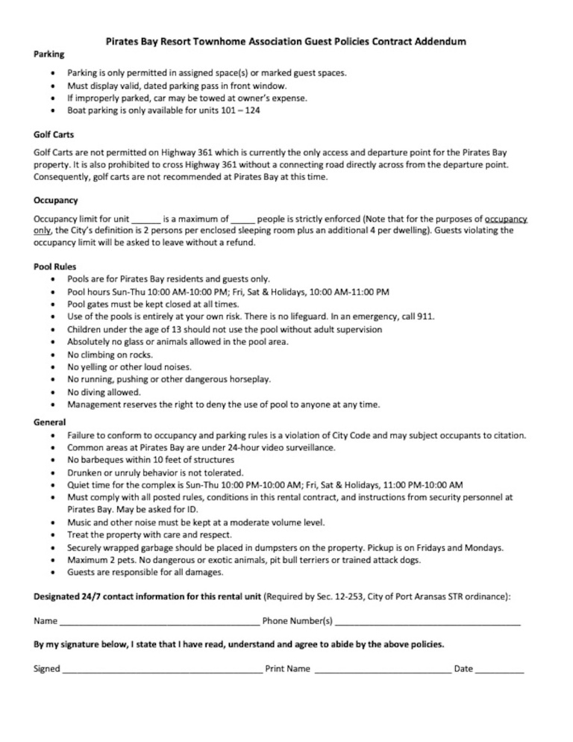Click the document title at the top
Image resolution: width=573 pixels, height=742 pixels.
point(286,42)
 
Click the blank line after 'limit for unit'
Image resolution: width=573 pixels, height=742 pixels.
point(146,219)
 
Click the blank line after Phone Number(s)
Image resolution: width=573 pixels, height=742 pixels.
point(427,622)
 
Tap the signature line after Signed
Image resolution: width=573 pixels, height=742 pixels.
point(161,670)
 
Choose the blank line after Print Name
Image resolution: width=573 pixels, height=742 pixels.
point(382,670)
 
